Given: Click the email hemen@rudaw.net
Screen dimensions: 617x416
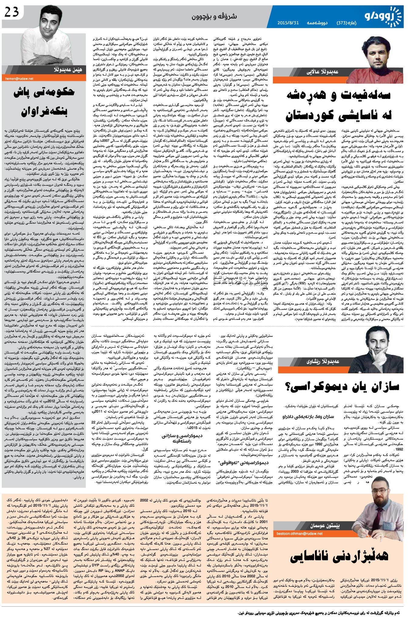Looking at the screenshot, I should (x=19, y=78).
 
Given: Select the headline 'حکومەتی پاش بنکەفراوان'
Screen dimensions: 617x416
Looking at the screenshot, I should (x=44, y=101).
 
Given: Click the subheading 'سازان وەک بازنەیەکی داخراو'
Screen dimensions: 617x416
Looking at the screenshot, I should (x=315, y=417).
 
